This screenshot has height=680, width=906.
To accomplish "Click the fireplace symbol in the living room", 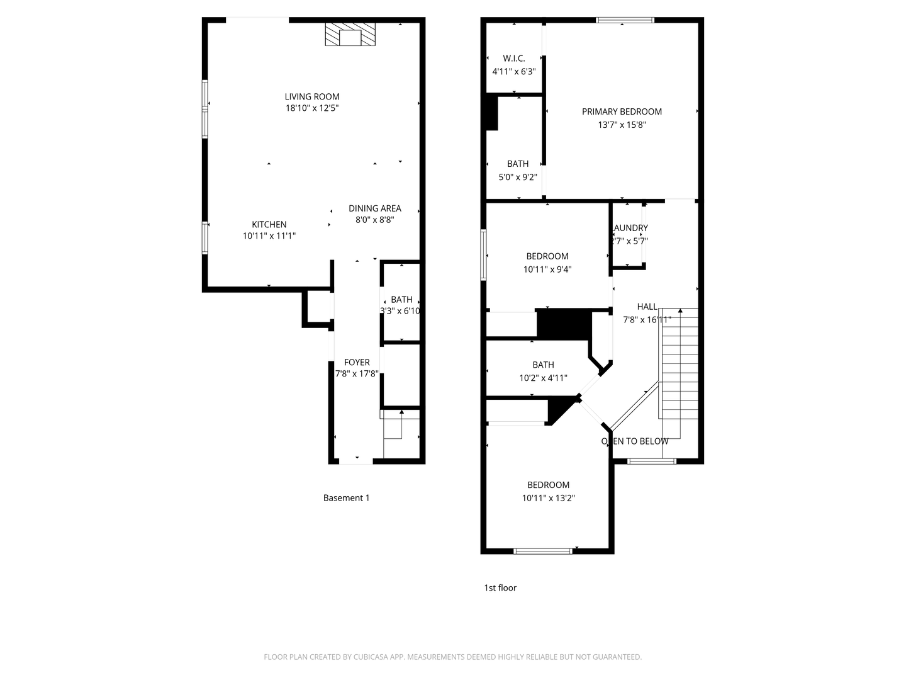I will [350, 35].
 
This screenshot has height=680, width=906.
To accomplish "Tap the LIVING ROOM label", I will [312, 96].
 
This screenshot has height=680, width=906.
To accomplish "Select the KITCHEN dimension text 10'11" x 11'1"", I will [269, 236].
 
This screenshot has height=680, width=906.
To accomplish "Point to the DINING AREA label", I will [374, 208].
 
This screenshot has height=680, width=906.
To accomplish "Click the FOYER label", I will [357, 362].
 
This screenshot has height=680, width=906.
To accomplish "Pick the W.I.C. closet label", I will [513, 59].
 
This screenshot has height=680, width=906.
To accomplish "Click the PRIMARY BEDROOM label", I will [622, 111].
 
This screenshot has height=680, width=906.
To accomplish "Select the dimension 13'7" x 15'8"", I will [622, 125].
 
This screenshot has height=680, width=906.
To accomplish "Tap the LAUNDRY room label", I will [630, 228].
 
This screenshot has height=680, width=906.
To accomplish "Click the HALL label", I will [647, 307].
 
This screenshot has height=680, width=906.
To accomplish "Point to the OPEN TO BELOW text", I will [635, 441].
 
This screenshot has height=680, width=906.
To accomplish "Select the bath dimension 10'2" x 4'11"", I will [543, 378].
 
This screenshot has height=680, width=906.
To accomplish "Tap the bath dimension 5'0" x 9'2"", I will [518, 178].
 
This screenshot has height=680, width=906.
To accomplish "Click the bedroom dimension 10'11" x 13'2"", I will [548, 498].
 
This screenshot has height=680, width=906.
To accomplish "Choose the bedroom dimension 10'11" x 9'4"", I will [547, 269].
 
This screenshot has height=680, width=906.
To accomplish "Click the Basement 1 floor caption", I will [346, 498].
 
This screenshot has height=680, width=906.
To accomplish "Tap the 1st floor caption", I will [500, 588].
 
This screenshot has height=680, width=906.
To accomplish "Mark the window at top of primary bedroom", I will [625, 20].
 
